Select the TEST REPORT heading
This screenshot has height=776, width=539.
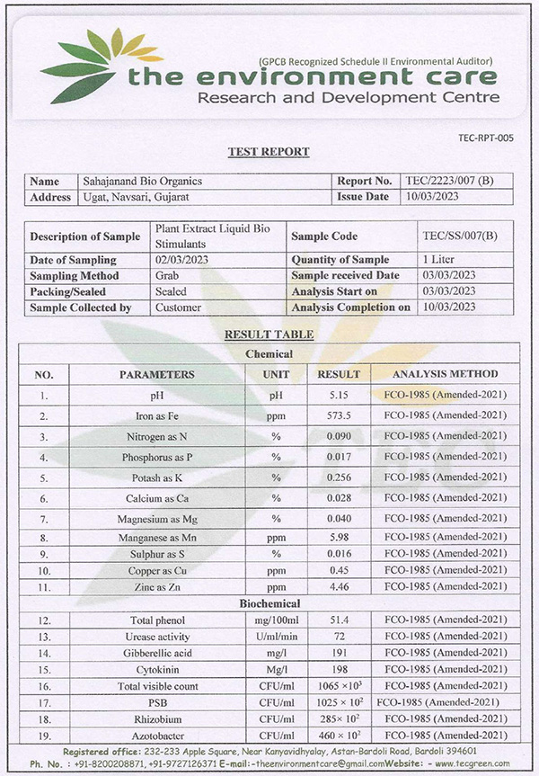[269, 152]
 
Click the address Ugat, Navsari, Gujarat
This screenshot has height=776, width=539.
[136, 196]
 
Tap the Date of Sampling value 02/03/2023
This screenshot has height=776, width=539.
[182, 260]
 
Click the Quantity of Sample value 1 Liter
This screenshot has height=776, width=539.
[440, 260]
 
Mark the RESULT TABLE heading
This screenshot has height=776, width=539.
[269, 334]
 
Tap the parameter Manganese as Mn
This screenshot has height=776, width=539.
[156, 536]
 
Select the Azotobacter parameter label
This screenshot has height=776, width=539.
[156, 736]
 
